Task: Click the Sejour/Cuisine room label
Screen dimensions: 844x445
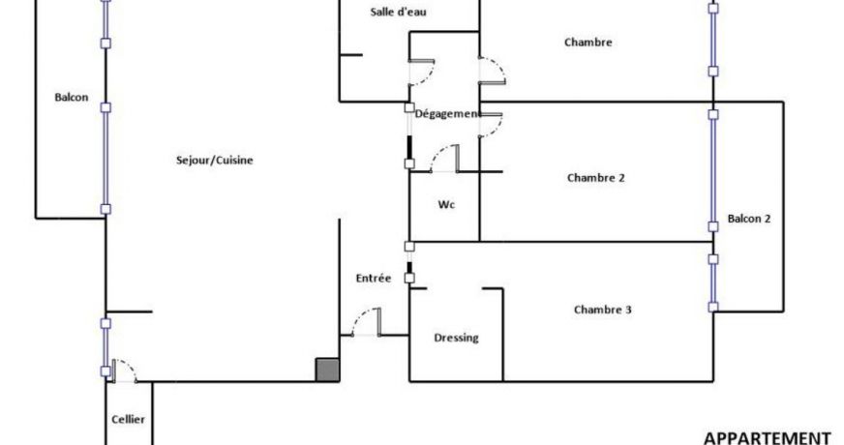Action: click(x=214, y=161)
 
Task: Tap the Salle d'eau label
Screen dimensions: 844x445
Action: click(x=399, y=12)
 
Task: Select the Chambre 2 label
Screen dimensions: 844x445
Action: click(x=596, y=178)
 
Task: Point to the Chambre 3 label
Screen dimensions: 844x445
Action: click(x=602, y=310)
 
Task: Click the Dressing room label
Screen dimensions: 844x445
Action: click(x=456, y=338)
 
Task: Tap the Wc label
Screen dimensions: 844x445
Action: click(x=446, y=204)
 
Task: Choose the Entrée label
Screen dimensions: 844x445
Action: click(x=373, y=279)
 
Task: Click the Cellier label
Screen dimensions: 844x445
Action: click(x=128, y=419)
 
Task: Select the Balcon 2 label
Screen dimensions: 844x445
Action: click(x=749, y=219)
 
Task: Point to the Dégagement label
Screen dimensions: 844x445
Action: click(x=447, y=114)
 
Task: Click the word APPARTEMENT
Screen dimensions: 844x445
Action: click(x=767, y=437)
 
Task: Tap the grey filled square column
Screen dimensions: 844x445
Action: click(x=327, y=371)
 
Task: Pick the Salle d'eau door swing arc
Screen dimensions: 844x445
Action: click(x=426, y=75)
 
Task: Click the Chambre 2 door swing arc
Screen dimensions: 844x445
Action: click(x=497, y=127)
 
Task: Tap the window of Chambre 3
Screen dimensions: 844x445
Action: click(x=713, y=283)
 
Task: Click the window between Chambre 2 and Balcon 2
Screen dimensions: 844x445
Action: click(x=713, y=170)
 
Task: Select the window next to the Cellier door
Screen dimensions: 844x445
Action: click(x=105, y=347)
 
